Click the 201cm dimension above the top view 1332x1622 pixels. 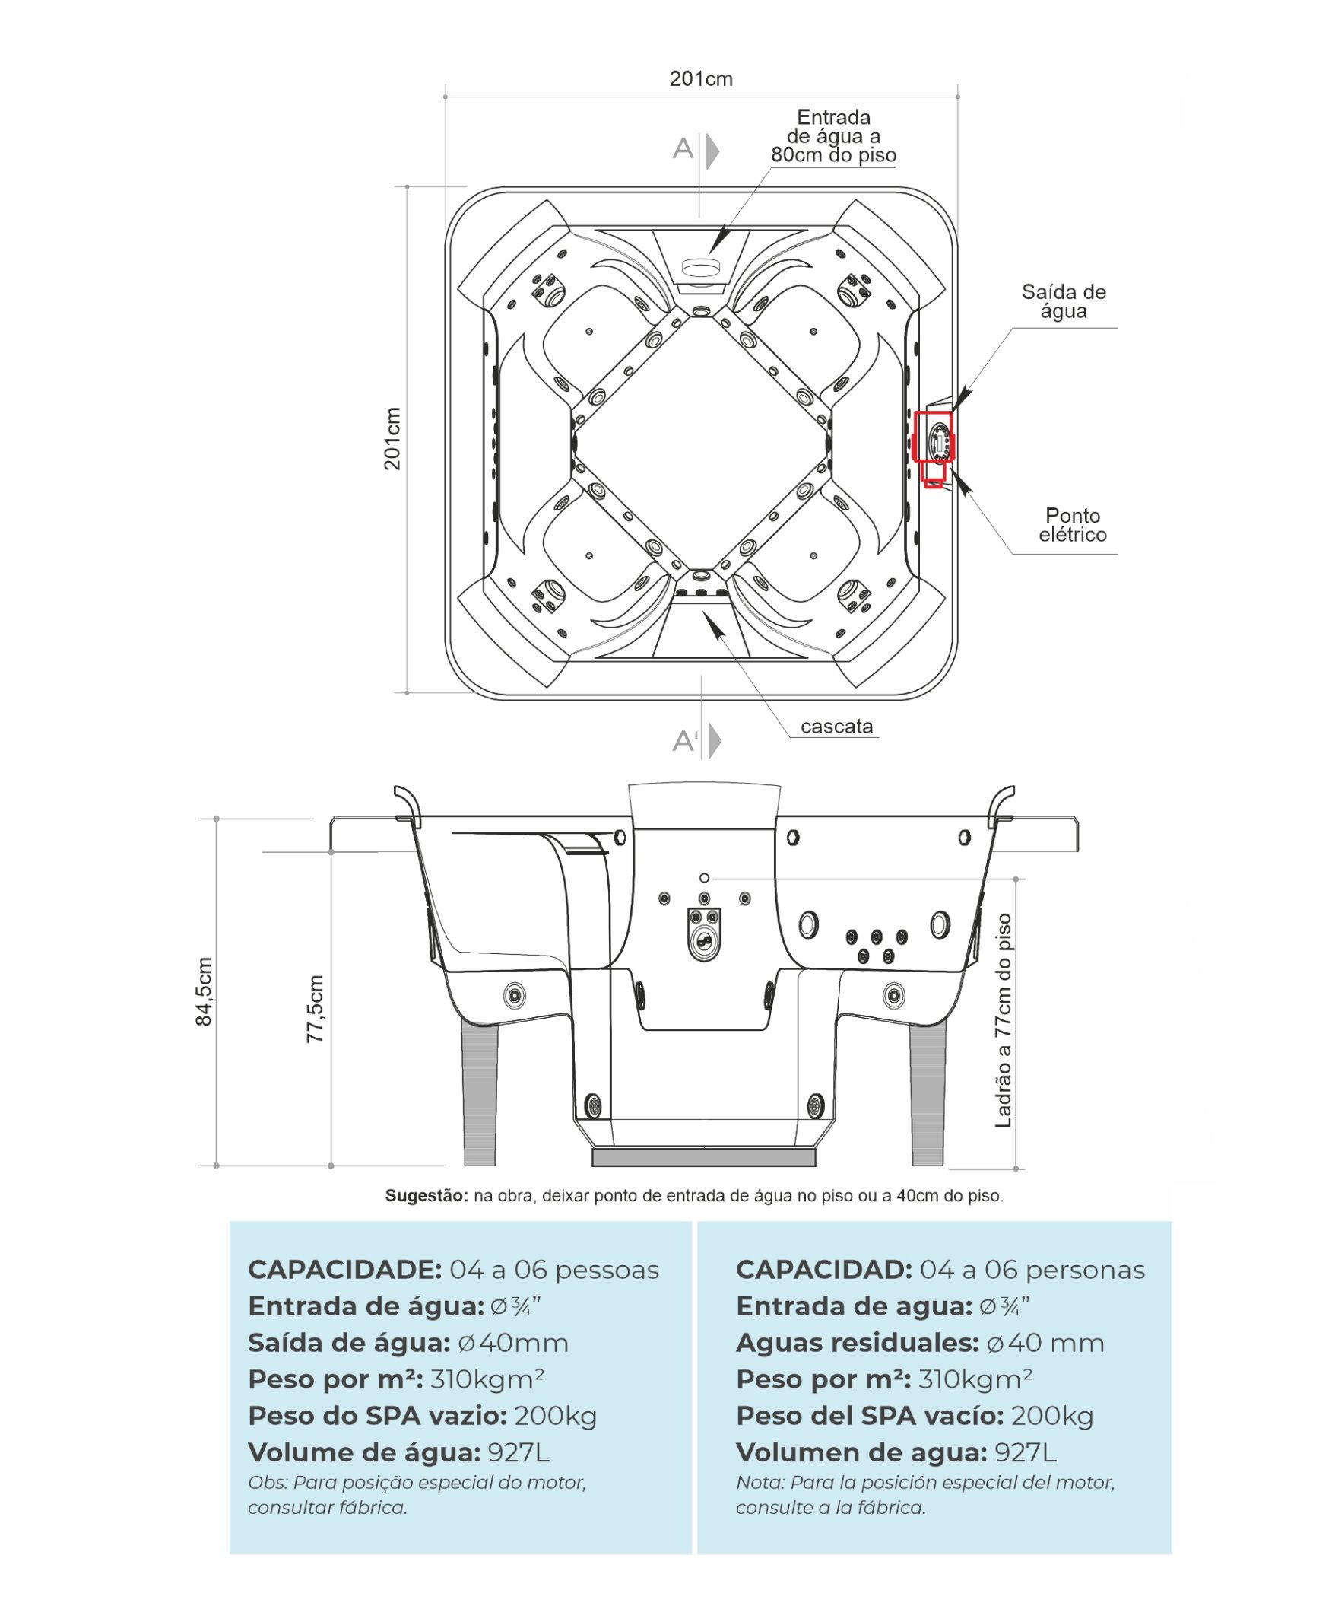pyautogui.click(x=700, y=79)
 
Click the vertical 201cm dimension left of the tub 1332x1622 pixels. pyautogui.click(x=392, y=438)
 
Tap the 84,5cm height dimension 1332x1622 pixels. pyautogui.click(x=203, y=991)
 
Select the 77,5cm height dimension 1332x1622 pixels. pyautogui.click(x=315, y=1009)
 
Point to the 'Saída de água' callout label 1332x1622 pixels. pyautogui.click(x=1064, y=301)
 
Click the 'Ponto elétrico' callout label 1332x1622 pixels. pyautogui.click(x=1073, y=525)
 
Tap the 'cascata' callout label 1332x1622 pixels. pyautogui.click(x=836, y=727)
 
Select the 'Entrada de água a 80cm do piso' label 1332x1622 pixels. pyautogui.click(x=833, y=137)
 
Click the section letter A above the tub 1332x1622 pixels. pyautogui.click(x=682, y=148)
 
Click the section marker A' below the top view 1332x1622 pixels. pyautogui.click(x=685, y=741)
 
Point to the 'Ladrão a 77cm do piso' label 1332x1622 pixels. pyautogui.click(x=1003, y=1020)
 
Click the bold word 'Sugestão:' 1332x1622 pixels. pyautogui.click(x=426, y=1195)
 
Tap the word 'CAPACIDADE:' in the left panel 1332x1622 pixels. pyautogui.click(x=344, y=1270)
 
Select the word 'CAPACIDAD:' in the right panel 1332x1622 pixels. pyautogui.click(x=823, y=1270)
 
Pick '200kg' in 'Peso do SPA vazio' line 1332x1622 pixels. pyautogui.click(x=556, y=1416)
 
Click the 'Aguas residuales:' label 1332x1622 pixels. pyautogui.click(x=857, y=1343)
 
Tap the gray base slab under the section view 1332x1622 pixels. pyautogui.click(x=703, y=1157)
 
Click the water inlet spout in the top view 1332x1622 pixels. pyautogui.click(x=700, y=268)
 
